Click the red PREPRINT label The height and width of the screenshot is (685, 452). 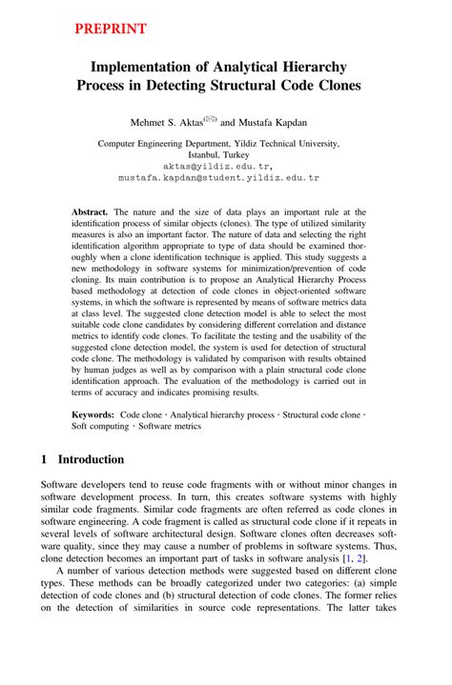111,29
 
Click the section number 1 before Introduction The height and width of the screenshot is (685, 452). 45,459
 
